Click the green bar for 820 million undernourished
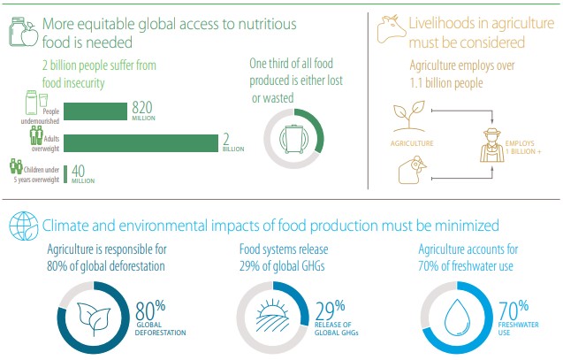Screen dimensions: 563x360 click(x=95, y=111)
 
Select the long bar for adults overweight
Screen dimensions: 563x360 click(x=141, y=143)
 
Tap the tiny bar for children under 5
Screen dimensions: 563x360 click(x=65, y=174)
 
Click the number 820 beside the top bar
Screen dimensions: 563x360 click(x=142, y=107)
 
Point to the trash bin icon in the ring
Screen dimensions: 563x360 click(x=293, y=139)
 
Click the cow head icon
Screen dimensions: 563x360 click(x=392, y=28)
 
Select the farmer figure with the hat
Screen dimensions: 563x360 click(x=492, y=145)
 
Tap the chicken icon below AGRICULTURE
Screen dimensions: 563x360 click(x=413, y=170)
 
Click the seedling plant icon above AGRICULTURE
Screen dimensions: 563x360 click(x=409, y=116)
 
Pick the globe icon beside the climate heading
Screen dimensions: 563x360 click(x=24, y=226)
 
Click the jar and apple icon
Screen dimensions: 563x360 click(x=23, y=32)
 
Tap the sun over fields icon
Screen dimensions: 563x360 click(x=273, y=315)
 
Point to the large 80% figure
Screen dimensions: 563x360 click(x=150, y=310)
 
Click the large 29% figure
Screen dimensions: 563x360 click(x=330, y=310)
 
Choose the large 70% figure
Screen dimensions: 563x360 click(x=514, y=310)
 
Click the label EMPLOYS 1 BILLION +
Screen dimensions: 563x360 click(x=523, y=148)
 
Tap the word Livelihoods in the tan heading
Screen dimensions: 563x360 click(x=445, y=23)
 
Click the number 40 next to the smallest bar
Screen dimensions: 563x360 click(x=79, y=171)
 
